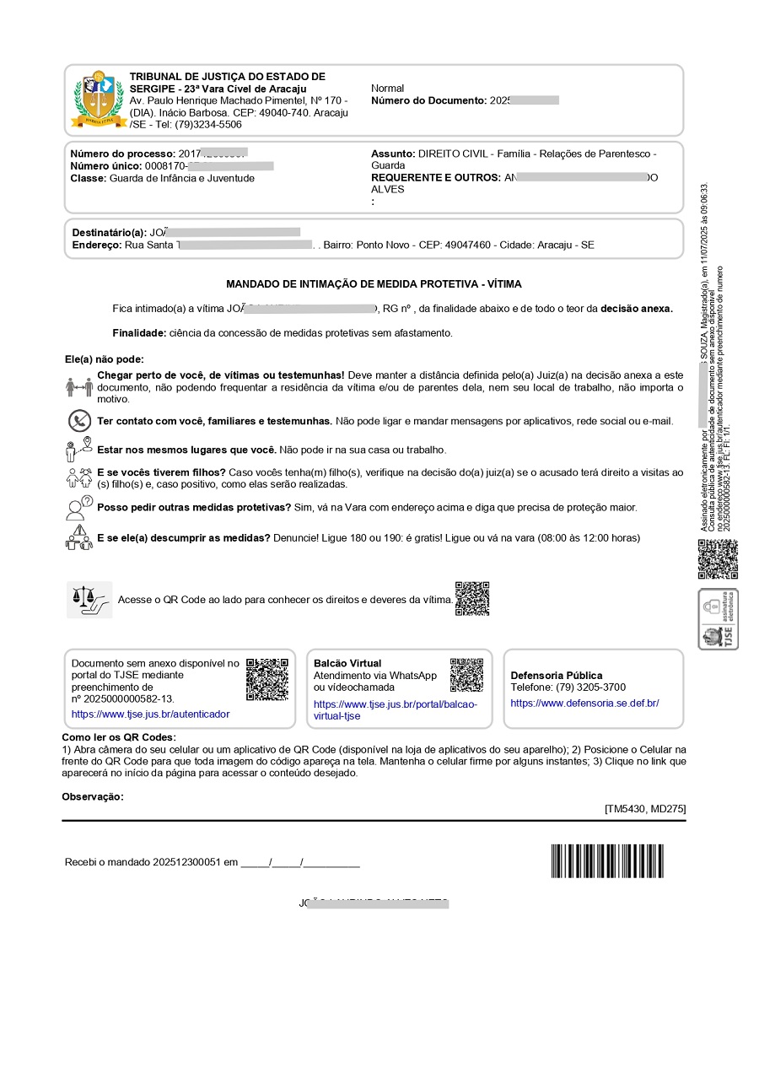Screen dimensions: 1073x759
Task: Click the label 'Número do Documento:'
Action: point(428,100)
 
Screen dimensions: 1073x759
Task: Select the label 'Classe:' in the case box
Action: point(88,178)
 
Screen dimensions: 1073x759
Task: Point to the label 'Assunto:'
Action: point(393,154)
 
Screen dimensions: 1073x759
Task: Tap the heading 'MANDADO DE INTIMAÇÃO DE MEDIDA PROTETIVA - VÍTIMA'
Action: point(374,284)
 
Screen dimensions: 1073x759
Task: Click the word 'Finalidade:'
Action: point(139,332)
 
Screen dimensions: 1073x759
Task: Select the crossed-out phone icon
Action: point(79,420)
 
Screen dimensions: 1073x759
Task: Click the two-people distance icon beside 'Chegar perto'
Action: point(78,386)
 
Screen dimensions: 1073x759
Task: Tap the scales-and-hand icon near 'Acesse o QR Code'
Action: point(89,600)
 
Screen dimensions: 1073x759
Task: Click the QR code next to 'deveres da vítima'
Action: point(472,598)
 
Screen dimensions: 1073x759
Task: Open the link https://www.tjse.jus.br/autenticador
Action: point(150,714)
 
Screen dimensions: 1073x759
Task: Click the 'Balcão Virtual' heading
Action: point(347,663)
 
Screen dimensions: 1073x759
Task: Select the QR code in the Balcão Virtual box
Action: point(466,675)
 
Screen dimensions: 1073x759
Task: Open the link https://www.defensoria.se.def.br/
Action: point(584,703)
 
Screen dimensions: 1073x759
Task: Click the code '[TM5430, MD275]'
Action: point(645,809)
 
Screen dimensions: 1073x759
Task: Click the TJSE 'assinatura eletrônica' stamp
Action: point(718,619)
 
